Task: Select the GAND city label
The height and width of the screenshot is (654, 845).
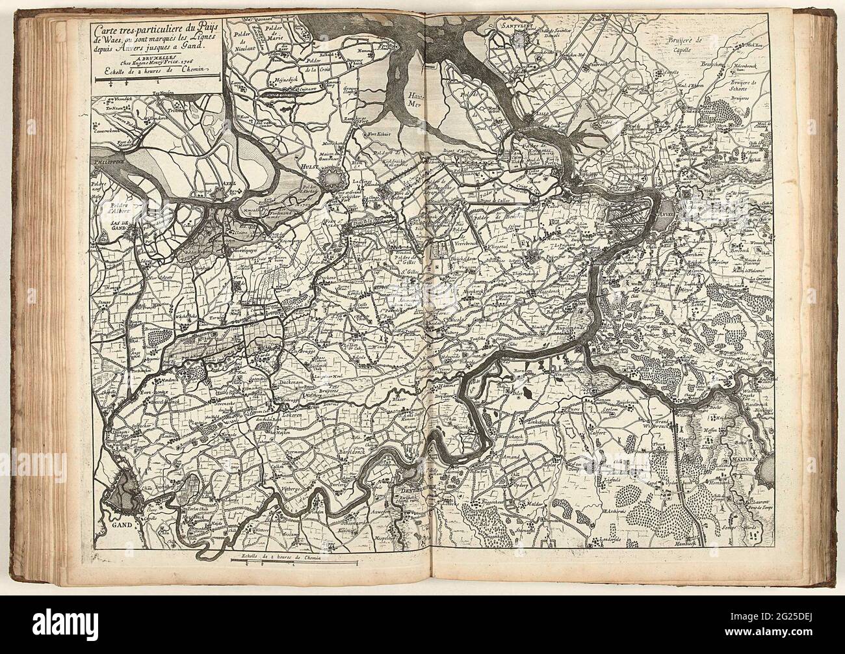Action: click(121, 523)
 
